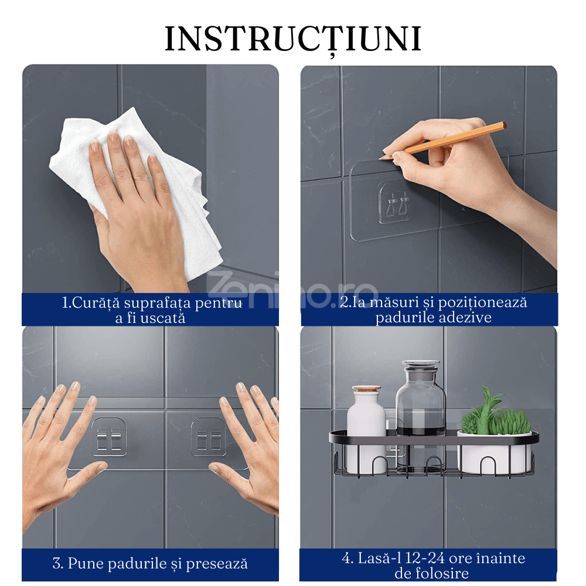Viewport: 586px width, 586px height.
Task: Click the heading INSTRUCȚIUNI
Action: [294, 39]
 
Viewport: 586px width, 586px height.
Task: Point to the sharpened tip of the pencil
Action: [380, 159]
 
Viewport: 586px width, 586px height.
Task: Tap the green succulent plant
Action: [495, 413]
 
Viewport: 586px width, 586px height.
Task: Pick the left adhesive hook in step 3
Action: [109, 437]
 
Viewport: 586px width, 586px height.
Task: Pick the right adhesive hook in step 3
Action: [208, 437]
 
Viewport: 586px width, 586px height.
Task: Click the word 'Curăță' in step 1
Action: [96, 303]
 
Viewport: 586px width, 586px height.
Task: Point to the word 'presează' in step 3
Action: [217, 564]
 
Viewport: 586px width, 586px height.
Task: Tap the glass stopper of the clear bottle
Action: [421, 368]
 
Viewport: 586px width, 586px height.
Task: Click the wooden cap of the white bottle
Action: [367, 390]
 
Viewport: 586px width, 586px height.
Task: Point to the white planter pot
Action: [494, 452]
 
